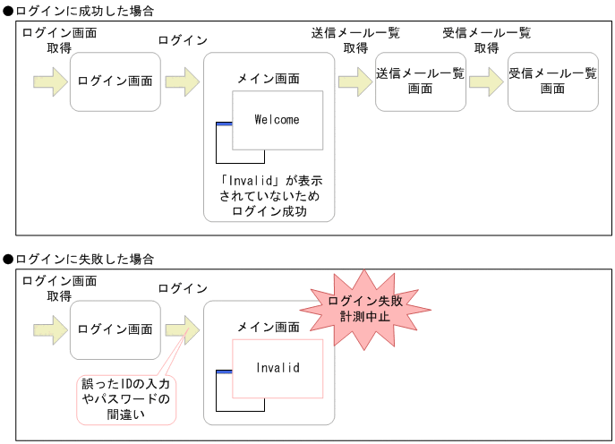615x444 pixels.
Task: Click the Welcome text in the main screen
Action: (277, 120)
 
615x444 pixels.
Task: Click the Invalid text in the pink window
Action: (277, 368)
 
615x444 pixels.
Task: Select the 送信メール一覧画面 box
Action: (421, 81)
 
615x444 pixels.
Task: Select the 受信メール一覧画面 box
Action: (552, 81)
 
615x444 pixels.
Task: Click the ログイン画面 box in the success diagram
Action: (115, 81)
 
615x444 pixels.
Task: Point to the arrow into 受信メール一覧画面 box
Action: (485, 81)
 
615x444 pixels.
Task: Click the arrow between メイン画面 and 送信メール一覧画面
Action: (354, 81)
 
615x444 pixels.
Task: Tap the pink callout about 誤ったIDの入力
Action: (125, 399)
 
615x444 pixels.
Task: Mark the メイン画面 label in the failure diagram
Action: (269, 328)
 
